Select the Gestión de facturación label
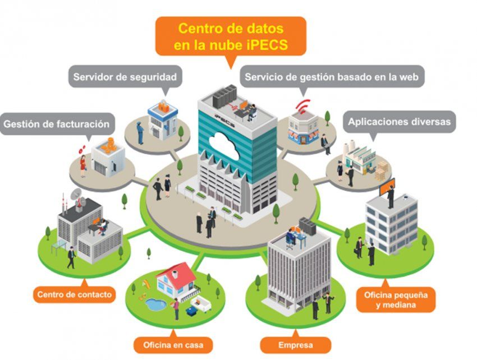coord(57,124)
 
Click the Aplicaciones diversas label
coord(399,122)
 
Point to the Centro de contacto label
coord(75,293)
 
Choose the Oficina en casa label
coord(176,344)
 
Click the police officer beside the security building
coord(140,131)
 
